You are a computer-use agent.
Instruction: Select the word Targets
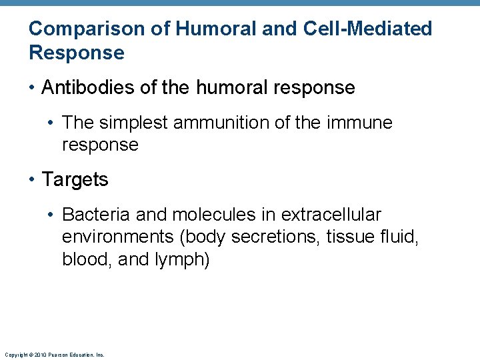pyautogui.click(x=75, y=179)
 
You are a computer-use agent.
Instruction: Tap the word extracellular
pyautogui.click(x=331, y=215)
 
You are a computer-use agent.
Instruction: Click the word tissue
pyautogui.click(x=349, y=237)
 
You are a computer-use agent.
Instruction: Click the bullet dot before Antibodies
pyautogui.click(x=32, y=88)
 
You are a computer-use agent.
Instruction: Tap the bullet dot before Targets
pyautogui.click(x=32, y=180)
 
